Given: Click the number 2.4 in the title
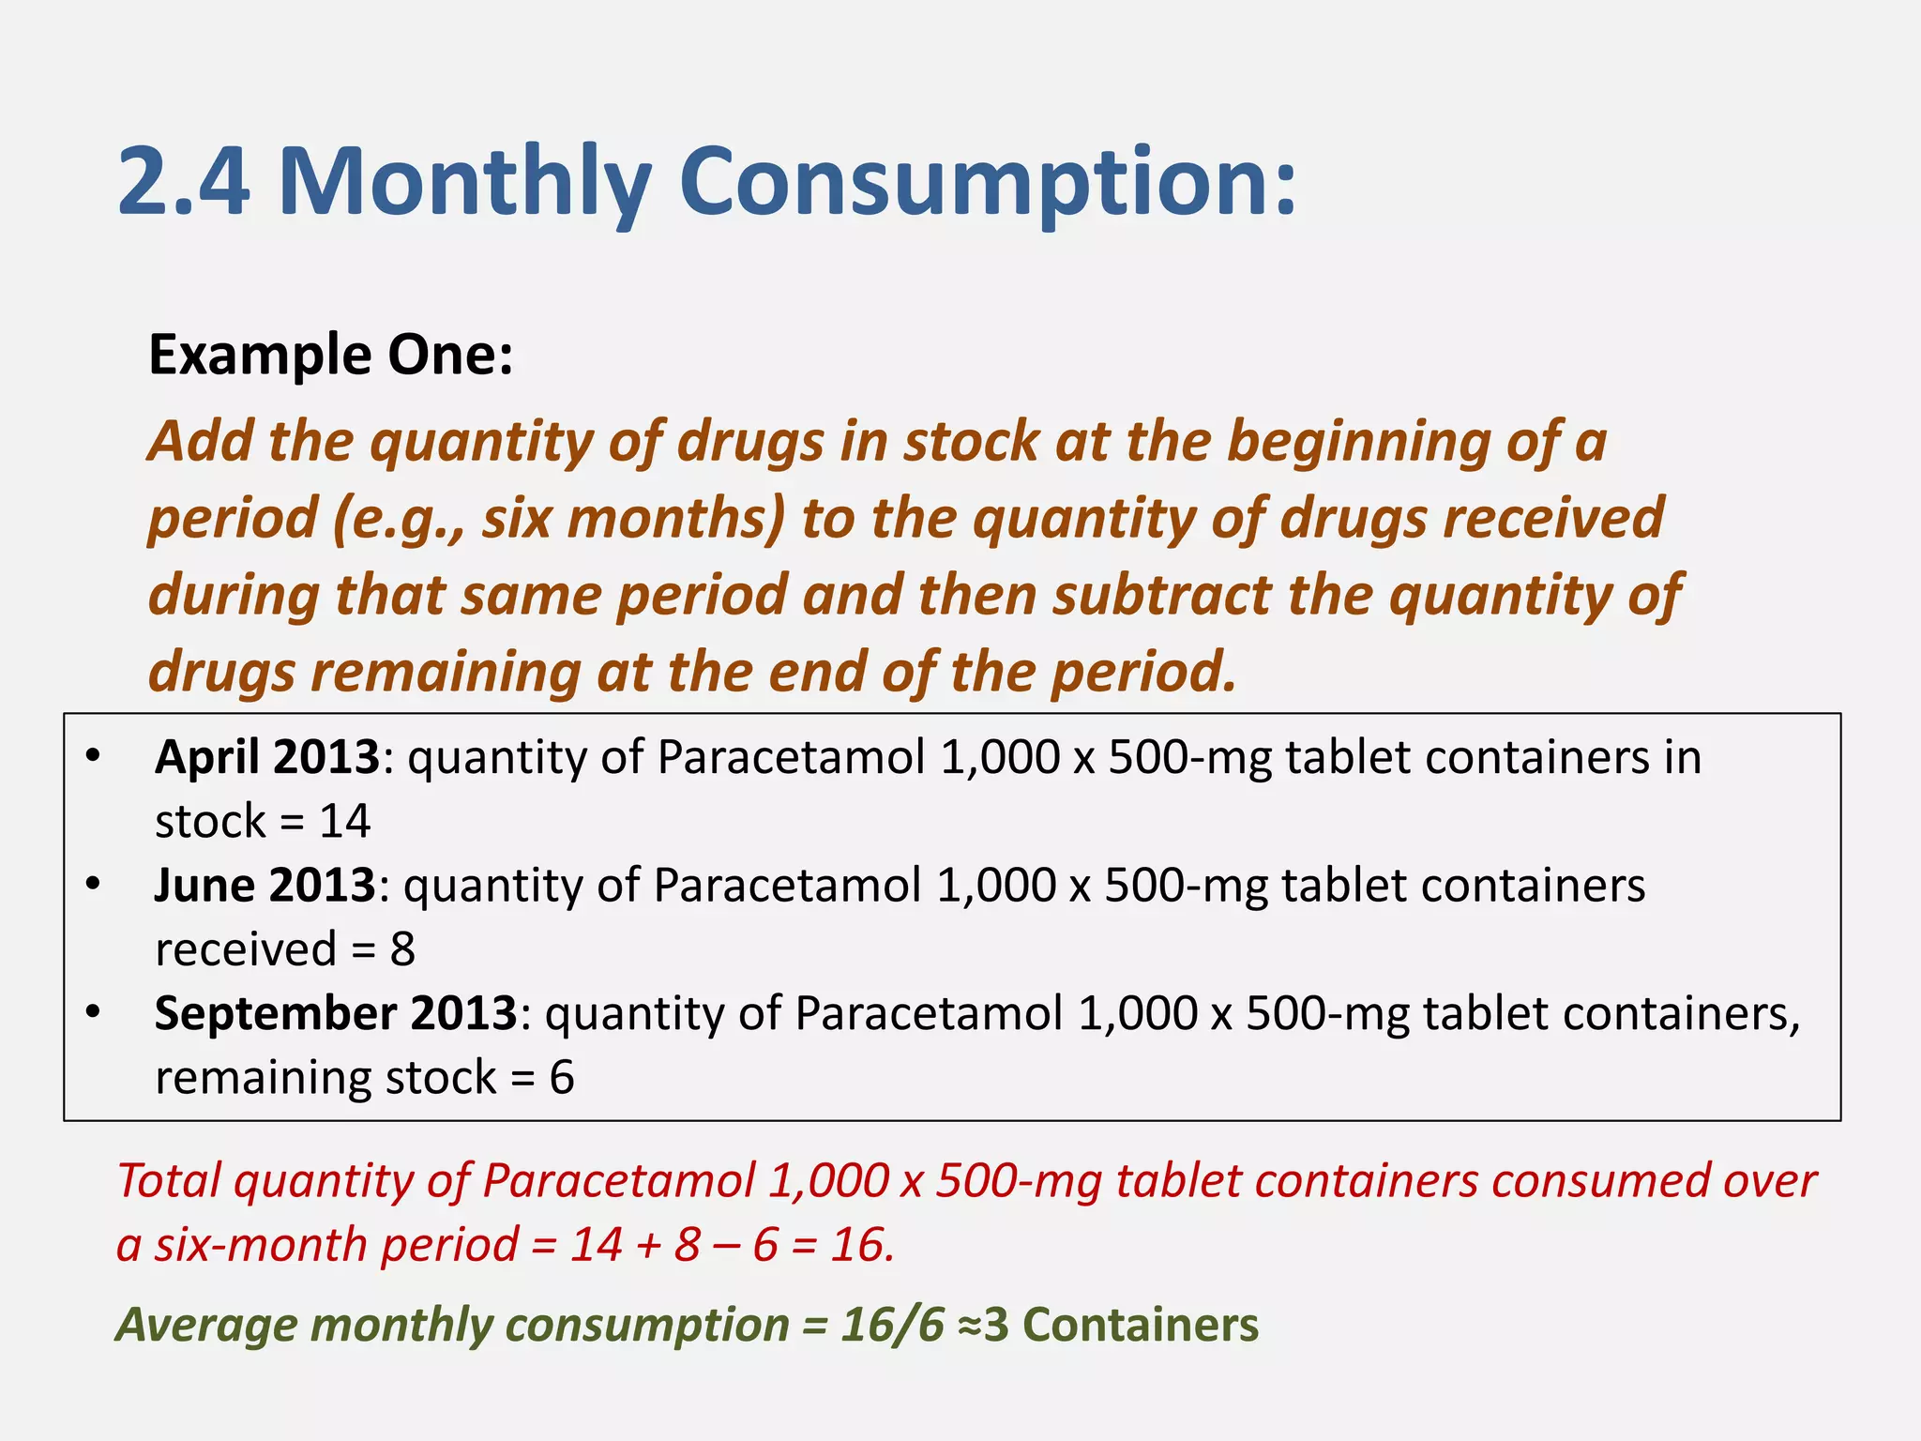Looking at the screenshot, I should [x=184, y=181].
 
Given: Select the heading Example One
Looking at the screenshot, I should [x=331, y=356].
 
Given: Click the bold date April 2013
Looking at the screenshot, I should [x=267, y=757].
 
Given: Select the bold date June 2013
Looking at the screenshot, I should [x=265, y=886].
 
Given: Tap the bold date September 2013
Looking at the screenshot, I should [x=336, y=1014].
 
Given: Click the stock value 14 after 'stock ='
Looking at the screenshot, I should [x=345, y=822].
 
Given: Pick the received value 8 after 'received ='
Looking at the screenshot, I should [x=402, y=950].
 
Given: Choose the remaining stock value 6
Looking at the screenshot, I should [x=562, y=1078].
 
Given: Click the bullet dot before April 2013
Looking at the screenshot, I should [x=92, y=756].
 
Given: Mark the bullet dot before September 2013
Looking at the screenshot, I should [x=92, y=1013].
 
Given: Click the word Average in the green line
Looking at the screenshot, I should [x=207, y=1326].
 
